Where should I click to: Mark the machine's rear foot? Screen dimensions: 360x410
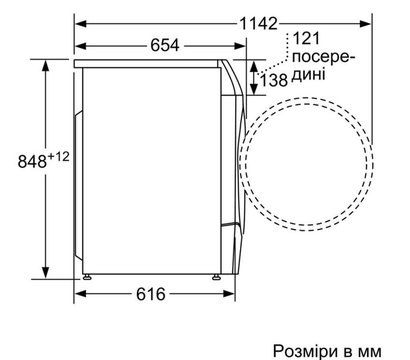click(87, 273)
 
